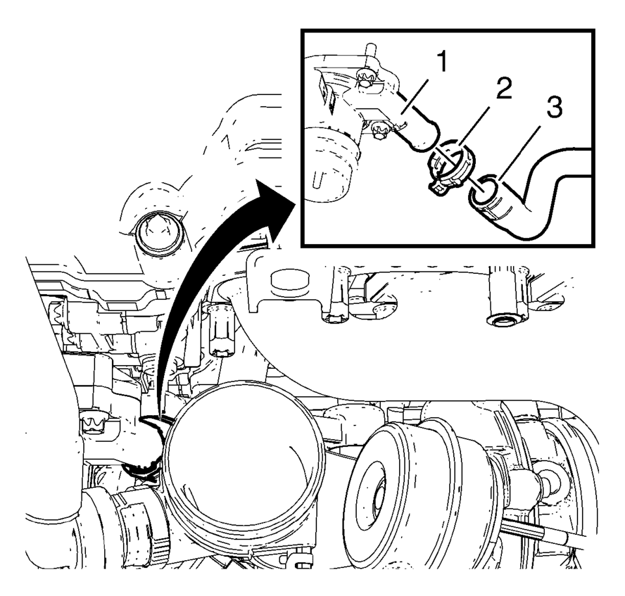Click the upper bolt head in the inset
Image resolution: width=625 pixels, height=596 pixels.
click(364, 77)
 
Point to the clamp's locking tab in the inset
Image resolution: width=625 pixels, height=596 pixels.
click(437, 187)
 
